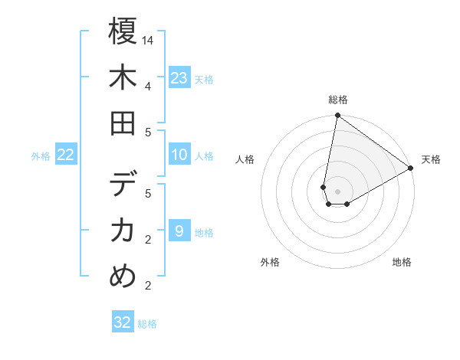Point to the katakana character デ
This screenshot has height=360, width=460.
point(123,185)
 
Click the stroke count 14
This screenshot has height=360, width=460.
point(149,40)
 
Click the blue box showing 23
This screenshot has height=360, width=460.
point(179,78)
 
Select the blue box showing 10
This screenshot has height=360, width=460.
point(179,155)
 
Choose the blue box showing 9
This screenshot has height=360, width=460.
point(179,231)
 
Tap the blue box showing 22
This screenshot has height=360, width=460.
point(66,155)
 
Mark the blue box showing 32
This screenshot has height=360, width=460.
point(123,322)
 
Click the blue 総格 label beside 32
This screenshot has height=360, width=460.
point(147,324)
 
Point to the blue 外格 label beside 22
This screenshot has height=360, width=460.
point(41,156)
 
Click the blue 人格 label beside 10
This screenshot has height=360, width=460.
point(204,156)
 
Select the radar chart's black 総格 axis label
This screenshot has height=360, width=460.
point(337,100)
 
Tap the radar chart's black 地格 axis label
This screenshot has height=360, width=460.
point(402,262)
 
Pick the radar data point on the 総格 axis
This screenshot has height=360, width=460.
point(337,116)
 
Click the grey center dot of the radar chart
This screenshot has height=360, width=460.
point(337,191)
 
